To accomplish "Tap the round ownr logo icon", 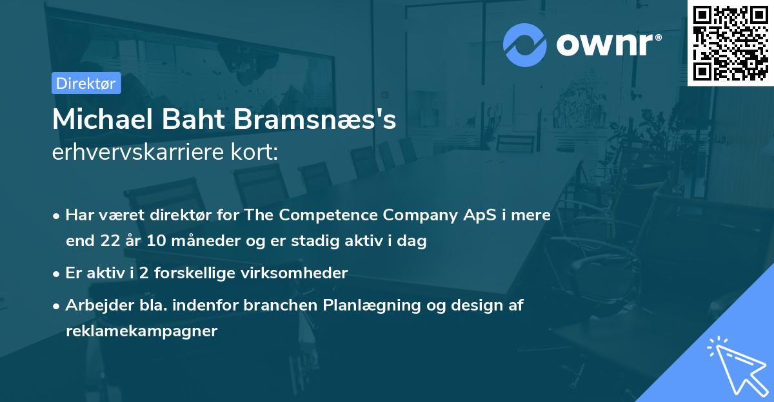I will [x=525, y=45].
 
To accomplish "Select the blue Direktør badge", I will [x=86, y=83].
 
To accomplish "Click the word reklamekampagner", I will [x=142, y=331].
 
